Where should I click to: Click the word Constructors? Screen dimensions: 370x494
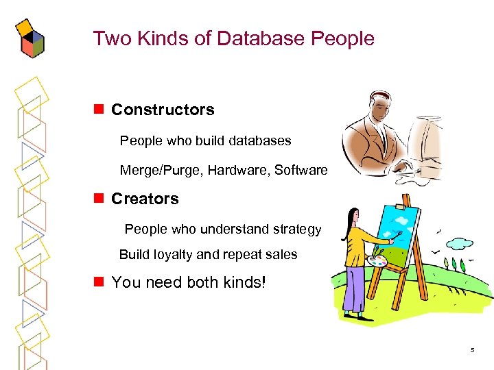(163, 110)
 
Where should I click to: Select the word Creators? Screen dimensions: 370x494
(145, 199)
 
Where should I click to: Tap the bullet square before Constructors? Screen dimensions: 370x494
(99, 110)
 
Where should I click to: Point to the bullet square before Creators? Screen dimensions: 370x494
(99, 199)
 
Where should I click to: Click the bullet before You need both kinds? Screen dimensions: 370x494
(99, 282)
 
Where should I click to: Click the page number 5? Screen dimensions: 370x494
(472, 350)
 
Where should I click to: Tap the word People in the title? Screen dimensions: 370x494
(342, 38)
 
